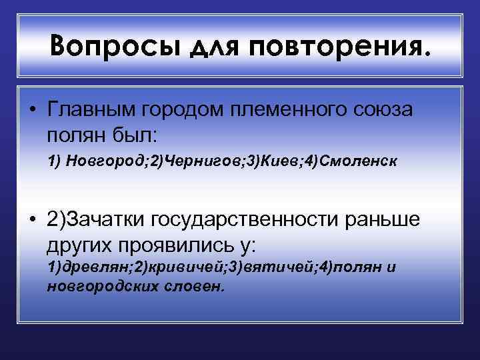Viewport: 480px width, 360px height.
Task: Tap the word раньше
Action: pos(388,221)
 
